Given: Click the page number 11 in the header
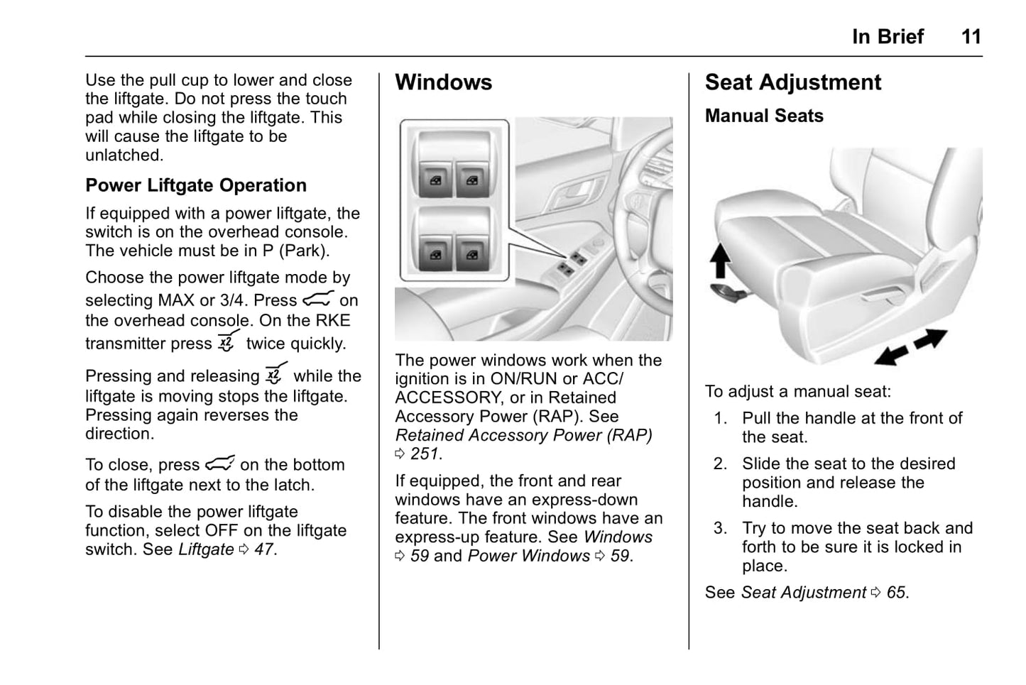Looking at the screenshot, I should click(x=971, y=37).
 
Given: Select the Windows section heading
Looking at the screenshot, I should click(x=443, y=82).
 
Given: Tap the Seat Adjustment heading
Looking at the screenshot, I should click(x=792, y=82).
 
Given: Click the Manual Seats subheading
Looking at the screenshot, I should click(x=764, y=116).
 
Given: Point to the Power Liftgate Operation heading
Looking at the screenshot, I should click(x=196, y=185).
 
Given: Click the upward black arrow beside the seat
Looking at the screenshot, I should click(x=720, y=260).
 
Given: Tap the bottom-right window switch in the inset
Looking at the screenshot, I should click(x=472, y=253).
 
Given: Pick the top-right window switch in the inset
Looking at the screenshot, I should click(x=472, y=181).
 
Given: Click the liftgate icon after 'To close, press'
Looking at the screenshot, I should click(x=219, y=464).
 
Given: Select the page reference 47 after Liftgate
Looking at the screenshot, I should click(x=263, y=549).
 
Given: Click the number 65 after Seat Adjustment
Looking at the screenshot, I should click(x=896, y=593).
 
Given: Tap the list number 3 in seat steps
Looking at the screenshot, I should click(x=721, y=528).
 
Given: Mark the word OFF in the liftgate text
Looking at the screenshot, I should click(x=221, y=531).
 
